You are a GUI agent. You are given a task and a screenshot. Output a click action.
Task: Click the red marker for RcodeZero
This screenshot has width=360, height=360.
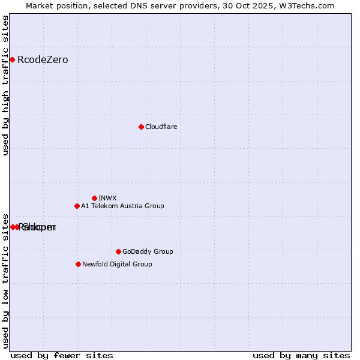click(12, 59)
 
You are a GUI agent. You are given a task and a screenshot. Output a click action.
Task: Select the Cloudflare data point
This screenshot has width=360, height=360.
click(141, 127)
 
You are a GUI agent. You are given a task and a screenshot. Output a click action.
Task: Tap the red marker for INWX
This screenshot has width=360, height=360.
click(94, 198)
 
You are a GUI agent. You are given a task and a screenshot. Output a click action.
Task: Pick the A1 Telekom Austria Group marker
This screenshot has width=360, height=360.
click(77, 206)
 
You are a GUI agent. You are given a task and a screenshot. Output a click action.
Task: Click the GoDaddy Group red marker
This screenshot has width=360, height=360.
click(118, 251)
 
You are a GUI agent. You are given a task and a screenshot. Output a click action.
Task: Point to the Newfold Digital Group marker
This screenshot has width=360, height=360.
click(78, 264)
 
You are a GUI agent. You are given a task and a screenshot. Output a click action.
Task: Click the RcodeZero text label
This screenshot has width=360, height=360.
click(43, 59)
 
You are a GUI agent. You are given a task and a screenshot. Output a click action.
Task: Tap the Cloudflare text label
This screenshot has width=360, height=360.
click(161, 127)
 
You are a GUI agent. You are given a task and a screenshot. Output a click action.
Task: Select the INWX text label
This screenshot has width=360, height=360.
click(107, 198)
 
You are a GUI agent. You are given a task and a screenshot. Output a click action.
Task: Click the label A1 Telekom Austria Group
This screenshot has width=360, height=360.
click(122, 206)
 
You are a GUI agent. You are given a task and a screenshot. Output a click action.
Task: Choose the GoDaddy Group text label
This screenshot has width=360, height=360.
click(148, 251)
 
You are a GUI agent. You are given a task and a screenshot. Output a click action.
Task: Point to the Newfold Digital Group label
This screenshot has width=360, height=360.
click(117, 264)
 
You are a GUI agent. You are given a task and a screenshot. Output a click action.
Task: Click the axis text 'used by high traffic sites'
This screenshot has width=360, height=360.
click(6, 85)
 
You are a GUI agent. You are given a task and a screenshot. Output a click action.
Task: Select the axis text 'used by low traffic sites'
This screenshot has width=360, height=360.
click(6, 280)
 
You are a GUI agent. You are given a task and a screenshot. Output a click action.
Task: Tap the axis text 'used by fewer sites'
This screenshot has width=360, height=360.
click(62, 355)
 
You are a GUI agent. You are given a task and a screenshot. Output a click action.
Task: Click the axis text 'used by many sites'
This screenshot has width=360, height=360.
click(301, 355)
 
